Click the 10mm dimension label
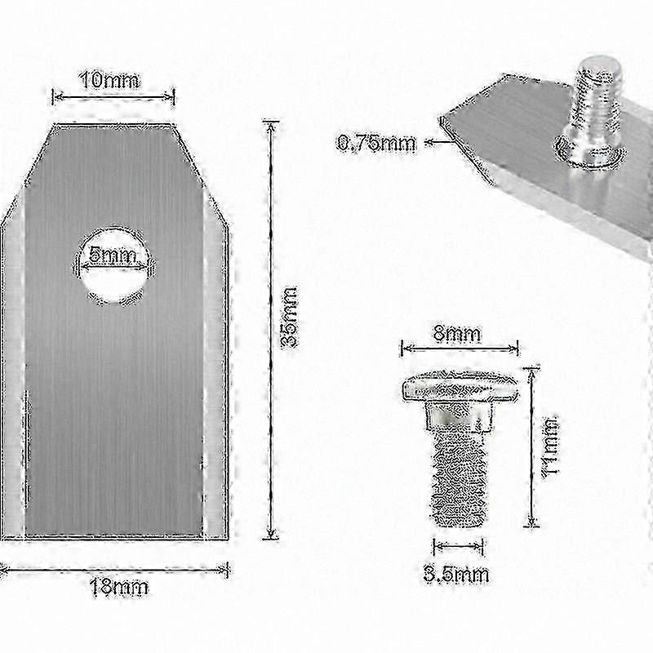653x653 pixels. [x=109, y=80]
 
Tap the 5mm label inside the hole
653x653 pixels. [x=113, y=255]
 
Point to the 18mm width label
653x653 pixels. [x=118, y=586]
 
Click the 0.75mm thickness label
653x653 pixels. [x=376, y=144]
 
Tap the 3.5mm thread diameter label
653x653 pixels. [x=456, y=574]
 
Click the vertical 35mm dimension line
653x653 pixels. [x=269, y=326]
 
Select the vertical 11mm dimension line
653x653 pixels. [x=531, y=445]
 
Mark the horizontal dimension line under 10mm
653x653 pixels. [x=113, y=96]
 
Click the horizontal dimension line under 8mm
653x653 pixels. [x=460, y=349]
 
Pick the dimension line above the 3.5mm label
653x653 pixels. [x=458, y=546]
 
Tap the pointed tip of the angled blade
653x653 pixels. [x=442, y=120]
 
